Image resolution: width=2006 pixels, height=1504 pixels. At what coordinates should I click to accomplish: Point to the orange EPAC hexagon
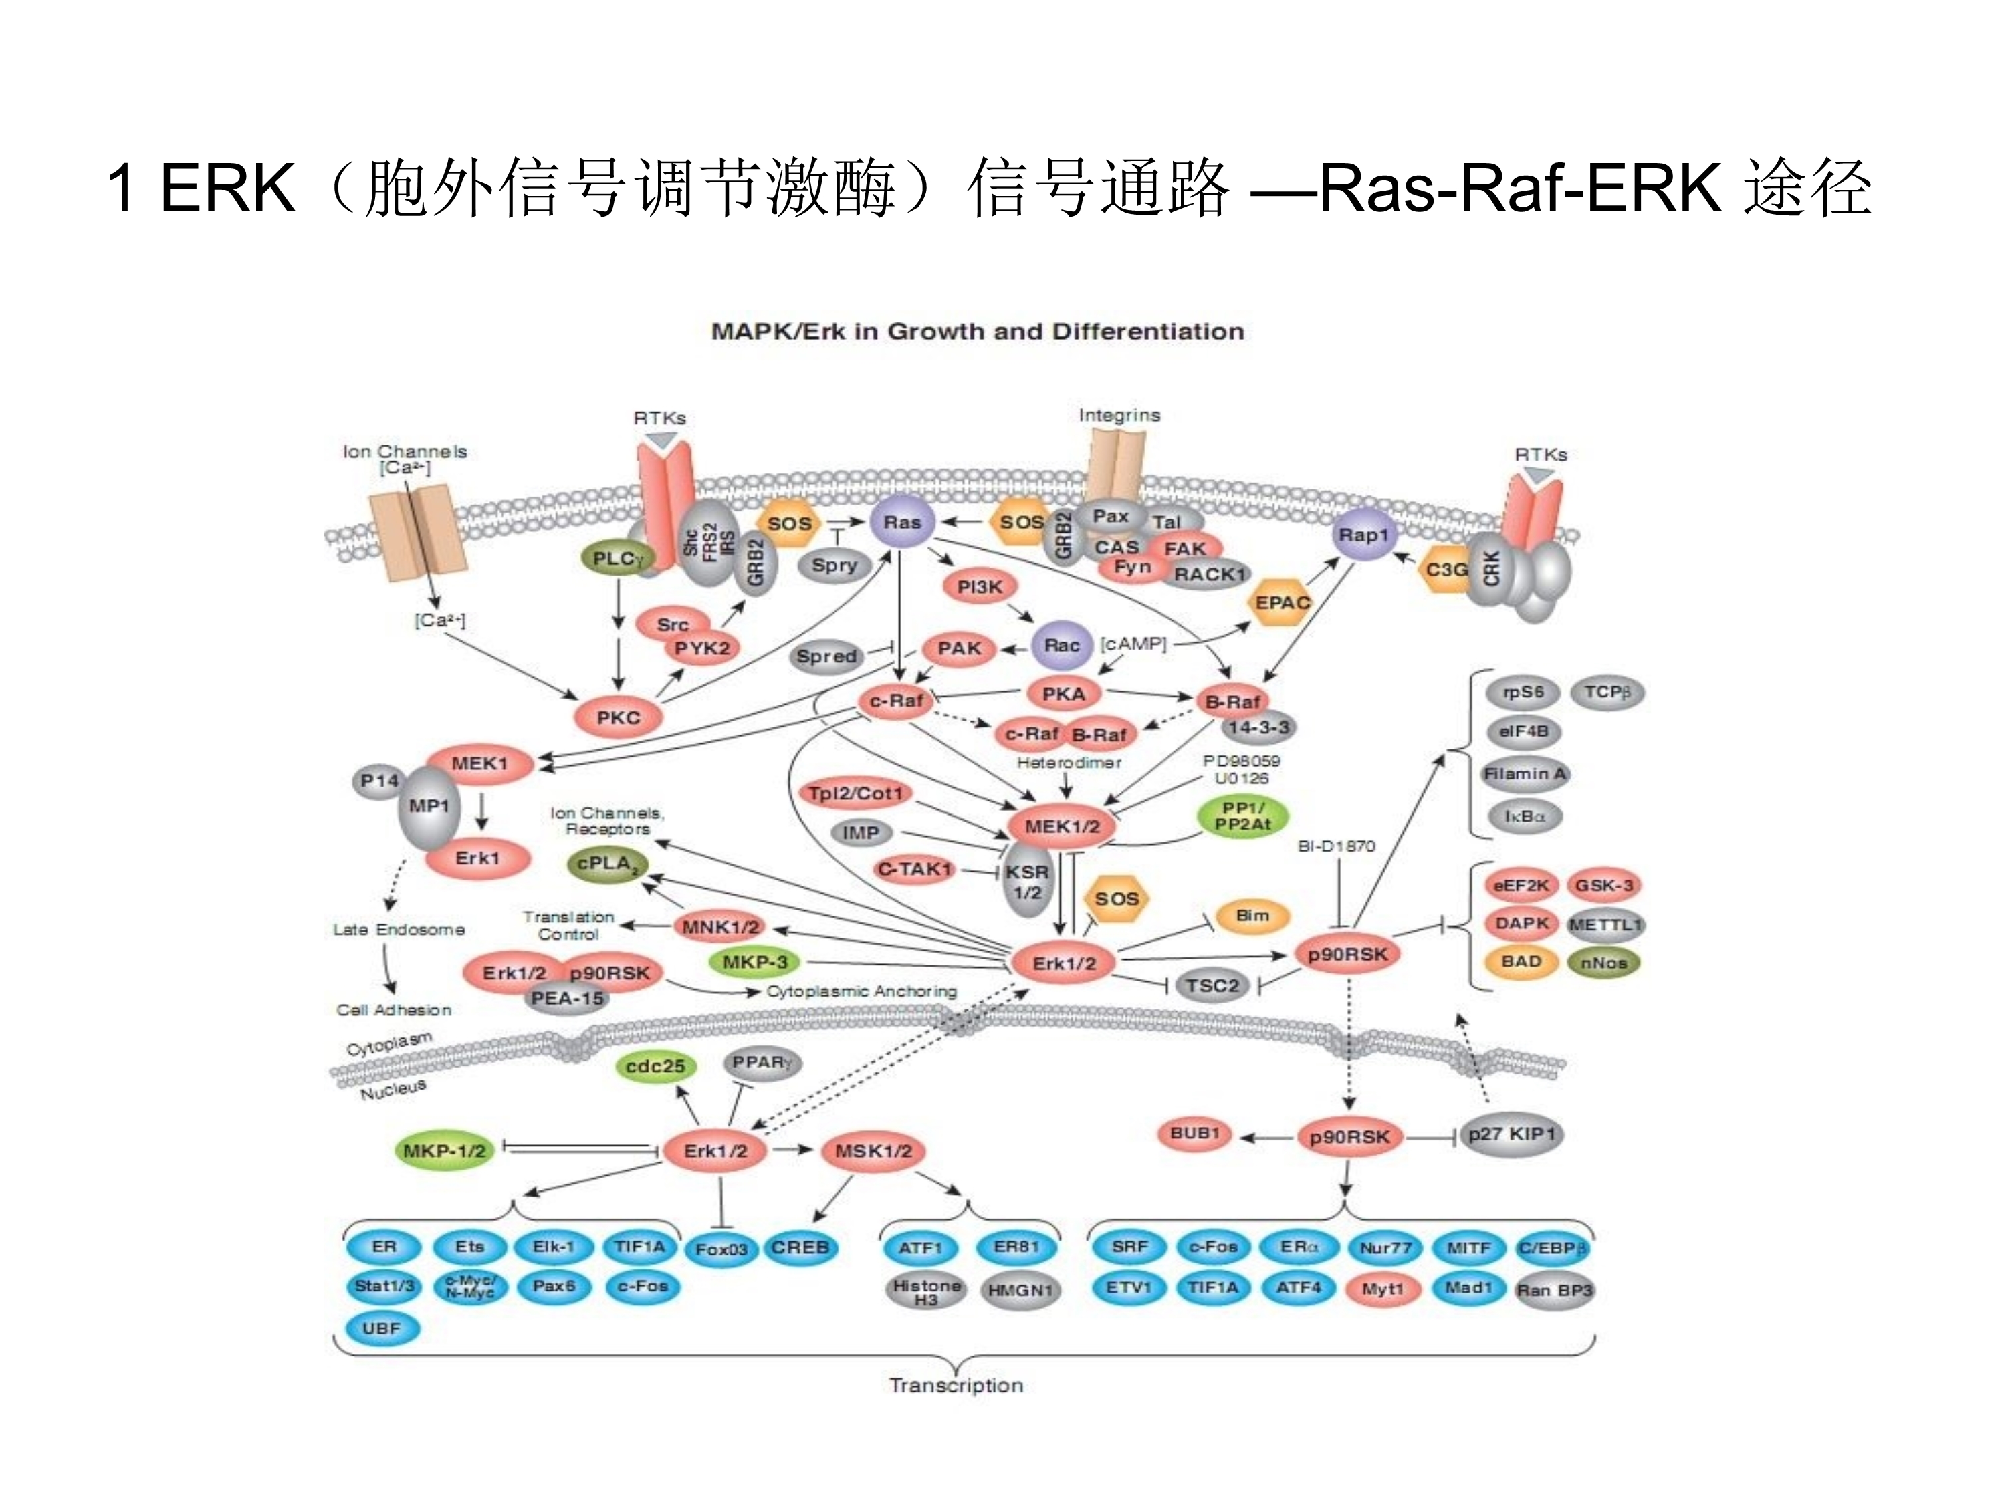pyautogui.click(x=1283, y=603)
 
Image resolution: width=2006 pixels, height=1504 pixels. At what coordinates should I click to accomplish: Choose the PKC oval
pyautogui.click(x=619, y=717)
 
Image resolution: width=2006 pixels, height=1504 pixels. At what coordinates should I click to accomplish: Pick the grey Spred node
pyautogui.click(x=826, y=656)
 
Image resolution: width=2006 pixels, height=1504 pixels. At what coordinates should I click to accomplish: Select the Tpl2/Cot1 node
pyautogui.click(x=855, y=794)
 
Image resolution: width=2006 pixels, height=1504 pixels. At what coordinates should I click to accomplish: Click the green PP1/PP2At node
pyautogui.click(x=1242, y=816)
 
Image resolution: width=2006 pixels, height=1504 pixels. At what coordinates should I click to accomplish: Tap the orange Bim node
pyautogui.click(x=1252, y=916)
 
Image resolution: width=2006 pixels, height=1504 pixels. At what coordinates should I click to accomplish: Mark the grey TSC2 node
pyautogui.click(x=1212, y=985)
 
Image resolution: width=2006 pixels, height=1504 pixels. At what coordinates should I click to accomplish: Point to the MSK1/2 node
pyautogui.click(x=873, y=1151)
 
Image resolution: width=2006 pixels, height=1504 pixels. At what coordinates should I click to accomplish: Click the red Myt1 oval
pyautogui.click(x=1383, y=1289)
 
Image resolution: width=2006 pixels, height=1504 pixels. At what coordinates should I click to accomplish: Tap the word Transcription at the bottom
pyautogui.click(x=956, y=1385)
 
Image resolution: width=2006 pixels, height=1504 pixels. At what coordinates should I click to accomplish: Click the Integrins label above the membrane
pyautogui.click(x=1119, y=415)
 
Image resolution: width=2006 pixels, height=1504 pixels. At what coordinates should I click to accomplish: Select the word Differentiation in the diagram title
pyautogui.click(x=1147, y=332)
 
